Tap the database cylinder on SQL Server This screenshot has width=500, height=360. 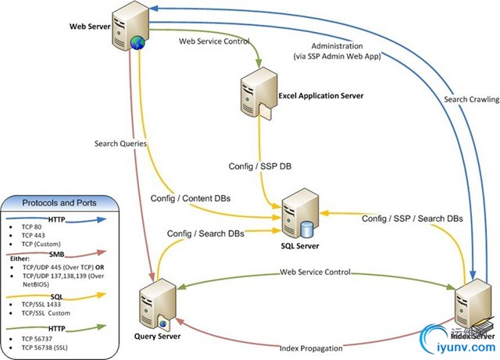[x=307, y=229]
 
